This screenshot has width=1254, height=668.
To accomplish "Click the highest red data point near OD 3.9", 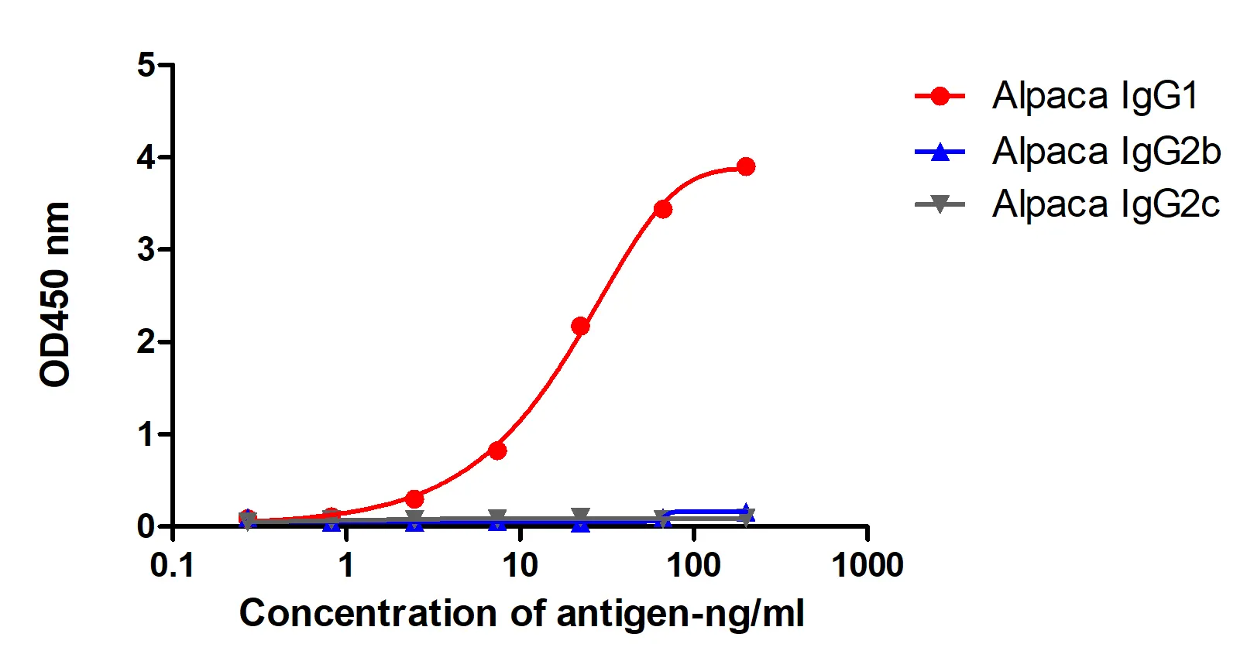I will click(x=746, y=166).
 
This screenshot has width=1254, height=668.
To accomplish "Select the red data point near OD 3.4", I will click(x=663, y=209).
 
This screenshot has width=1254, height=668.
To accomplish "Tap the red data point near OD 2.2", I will click(x=580, y=326).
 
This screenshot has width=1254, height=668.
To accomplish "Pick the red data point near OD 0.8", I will click(x=497, y=450).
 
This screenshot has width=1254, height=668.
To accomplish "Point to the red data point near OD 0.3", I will click(x=414, y=498).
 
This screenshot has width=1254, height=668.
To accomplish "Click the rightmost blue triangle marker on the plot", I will click(x=746, y=512).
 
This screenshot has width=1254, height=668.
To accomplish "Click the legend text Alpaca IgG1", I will click(x=1094, y=96).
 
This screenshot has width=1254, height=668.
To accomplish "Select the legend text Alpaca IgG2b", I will click(x=1106, y=151).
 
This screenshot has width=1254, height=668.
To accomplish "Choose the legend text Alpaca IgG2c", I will click(x=1105, y=204).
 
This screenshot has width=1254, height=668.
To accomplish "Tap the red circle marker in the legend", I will click(x=940, y=96).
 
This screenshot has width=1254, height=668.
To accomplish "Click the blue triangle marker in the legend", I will click(x=940, y=152).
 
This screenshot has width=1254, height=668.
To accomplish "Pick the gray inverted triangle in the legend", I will click(x=940, y=205).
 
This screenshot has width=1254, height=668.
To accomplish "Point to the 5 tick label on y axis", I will click(x=146, y=65).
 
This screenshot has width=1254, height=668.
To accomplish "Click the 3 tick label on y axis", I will click(x=146, y=249).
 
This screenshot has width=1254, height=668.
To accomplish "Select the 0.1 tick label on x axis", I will click(x=172, y=566).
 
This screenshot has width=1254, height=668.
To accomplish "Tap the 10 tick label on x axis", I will click(x=520, y=566).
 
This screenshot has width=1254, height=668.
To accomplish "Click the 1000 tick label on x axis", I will click(x=867, y=566).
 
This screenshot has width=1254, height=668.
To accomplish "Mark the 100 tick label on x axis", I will click(x=693, y=566).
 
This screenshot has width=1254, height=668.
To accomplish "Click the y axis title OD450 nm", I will click(x=55, y=294).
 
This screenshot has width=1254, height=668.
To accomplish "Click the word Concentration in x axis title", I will click(x=367, y=613).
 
